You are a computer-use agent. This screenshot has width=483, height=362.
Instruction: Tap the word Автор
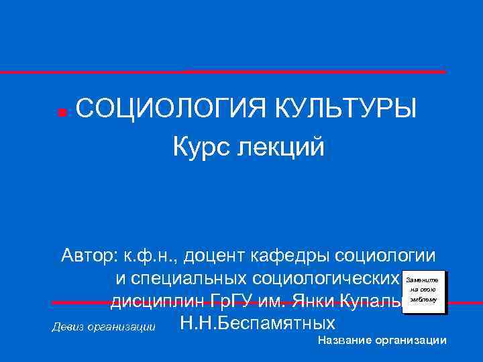click(x=88, y=255)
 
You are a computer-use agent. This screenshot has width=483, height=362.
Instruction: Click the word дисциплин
click(x=152, y=301)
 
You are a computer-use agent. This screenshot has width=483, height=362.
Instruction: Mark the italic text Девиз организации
click(x=103, y=328)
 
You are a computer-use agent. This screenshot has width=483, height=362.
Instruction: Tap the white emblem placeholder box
click(x=422, y=292)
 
